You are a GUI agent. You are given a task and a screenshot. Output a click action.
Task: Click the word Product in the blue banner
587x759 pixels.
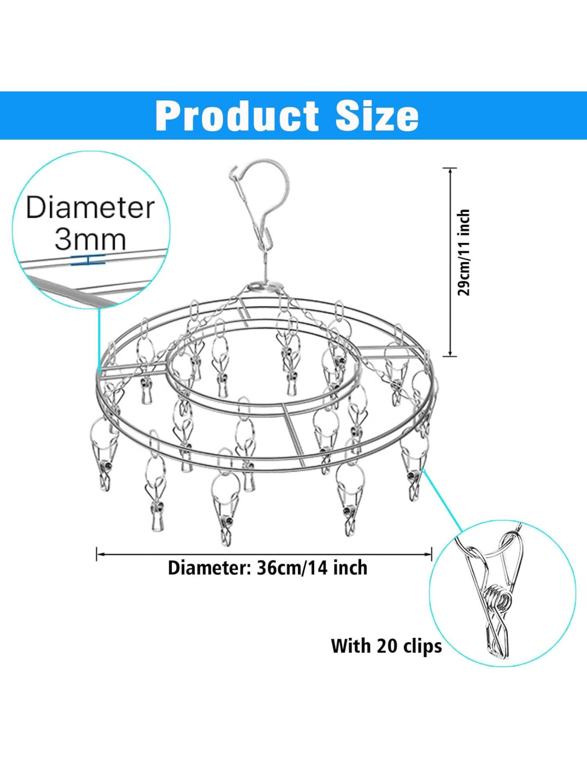pos(237,115)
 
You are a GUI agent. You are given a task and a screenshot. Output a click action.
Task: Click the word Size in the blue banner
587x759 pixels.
pos(377,115)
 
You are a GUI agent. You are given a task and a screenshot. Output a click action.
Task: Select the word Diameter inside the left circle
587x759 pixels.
pos(90,209)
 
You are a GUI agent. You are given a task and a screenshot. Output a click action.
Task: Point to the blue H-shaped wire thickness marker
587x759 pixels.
pos(89,260)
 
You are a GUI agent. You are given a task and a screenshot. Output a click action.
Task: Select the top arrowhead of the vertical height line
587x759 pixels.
pos(450,171)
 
